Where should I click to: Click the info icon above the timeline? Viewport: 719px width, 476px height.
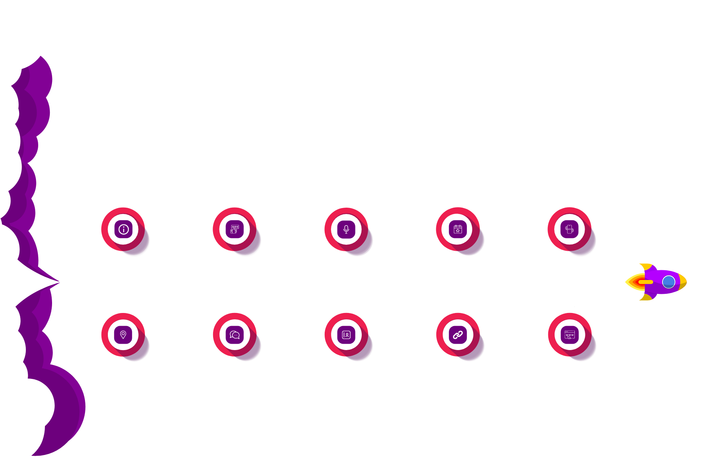click(124, 229)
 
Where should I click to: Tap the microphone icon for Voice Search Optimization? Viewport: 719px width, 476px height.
click(346, 229)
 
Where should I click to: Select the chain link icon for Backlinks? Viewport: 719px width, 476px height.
click(458, 335)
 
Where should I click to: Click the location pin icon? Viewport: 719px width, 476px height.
click(123, 335)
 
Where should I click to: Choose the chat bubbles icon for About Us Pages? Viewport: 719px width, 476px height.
click(235, 335)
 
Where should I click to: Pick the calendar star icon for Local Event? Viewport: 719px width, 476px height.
click(458, 229)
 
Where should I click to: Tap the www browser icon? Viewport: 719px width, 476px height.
click(570, 335)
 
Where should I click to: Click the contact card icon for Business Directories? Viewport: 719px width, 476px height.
click(346, 335)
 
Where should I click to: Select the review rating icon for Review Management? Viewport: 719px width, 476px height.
click(235, 229)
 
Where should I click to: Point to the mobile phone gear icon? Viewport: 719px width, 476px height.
click(570, 229)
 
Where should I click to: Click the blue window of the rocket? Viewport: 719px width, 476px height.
click(668, 282)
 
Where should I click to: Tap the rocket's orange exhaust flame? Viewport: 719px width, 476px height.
click(637, 282)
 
